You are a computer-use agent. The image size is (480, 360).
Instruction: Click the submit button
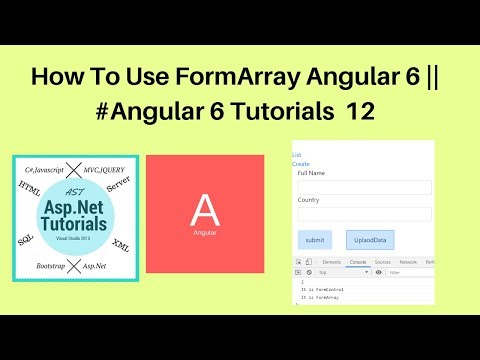click(315, 240)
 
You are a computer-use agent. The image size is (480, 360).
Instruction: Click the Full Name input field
click(364, 187)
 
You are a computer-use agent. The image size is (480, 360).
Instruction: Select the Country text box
click(364, 213)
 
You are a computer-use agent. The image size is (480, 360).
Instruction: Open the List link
click(296, 155)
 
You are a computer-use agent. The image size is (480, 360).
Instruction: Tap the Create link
click(300, 163)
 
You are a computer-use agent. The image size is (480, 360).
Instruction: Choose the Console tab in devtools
click(358, 262)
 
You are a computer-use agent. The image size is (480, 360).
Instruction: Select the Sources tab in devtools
click(382, 262)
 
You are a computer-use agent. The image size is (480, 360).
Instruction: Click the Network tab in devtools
click(408, 262)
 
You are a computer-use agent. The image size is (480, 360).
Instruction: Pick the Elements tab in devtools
click(332, 262)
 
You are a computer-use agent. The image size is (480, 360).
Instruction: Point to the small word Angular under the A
click(204, 232)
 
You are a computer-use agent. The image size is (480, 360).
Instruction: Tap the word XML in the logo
click(122, 243)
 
